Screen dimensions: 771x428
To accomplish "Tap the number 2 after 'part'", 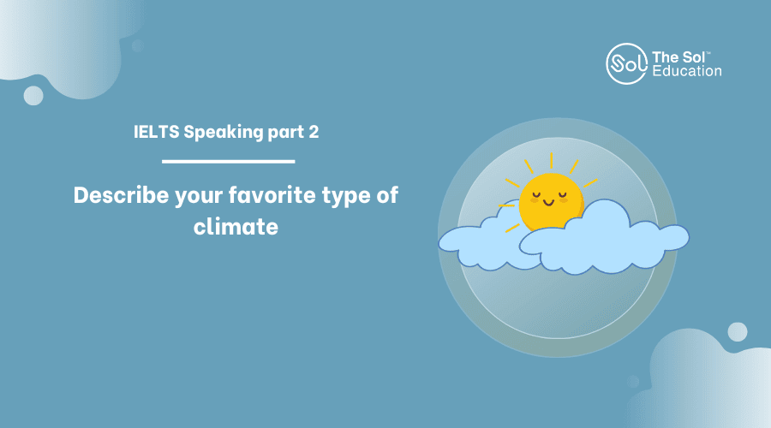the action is click(x=314, y=132).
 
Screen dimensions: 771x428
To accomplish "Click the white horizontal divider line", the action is click(x=228, y=161).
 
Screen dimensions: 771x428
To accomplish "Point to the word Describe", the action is click(x=121, y=195).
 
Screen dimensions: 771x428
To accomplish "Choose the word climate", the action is click(x=236, y=227).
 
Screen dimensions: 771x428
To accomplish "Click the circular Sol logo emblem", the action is click(x=626, y=64).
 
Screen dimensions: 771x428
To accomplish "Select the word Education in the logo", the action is click(x=687, y=71).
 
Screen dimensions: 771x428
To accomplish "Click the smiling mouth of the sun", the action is click(x=549, y=202).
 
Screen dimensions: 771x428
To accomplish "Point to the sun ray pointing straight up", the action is click(x=551, y=161).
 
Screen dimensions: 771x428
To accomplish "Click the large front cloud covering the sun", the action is click(x=604, y=241).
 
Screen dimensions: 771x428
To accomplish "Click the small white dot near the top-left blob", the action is click(x=33, y=95).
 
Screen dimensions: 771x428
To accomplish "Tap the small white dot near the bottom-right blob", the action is click(x=737, y=332).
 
